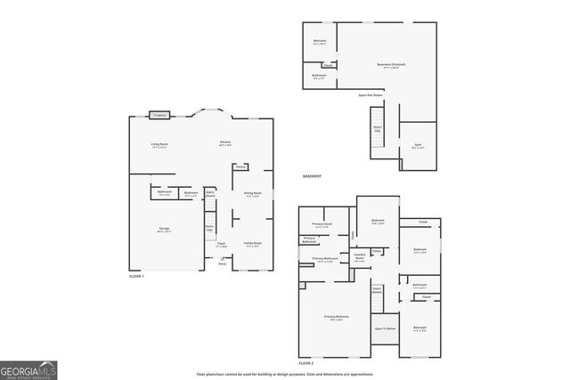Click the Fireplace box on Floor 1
(159, 115)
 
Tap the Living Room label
(159, 144)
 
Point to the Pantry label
(240, 166)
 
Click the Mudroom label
(191, 193)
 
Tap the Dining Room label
(253, 193)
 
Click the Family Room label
(252, 243)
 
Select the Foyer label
(220, 243)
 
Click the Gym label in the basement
(418, 146)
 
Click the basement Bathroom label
(319, 76)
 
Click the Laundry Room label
(360, 258)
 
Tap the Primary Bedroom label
(337, 318)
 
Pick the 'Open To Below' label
(385, 328)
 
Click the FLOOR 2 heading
(306, 364)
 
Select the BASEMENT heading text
(312, 176)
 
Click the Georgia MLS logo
(28, 368)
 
